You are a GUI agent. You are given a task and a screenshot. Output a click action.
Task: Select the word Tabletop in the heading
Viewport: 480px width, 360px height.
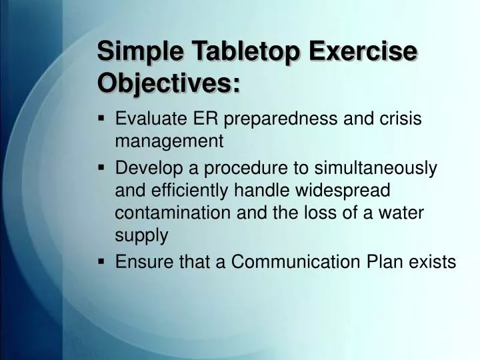tap(236, 52)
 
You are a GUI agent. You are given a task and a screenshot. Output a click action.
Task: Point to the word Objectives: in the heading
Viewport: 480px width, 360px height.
tap(169, 84)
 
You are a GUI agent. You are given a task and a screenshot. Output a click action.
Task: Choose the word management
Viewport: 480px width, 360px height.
tap(169, 141)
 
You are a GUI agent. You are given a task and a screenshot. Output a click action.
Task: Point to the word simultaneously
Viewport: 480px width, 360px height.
tap(375, 168)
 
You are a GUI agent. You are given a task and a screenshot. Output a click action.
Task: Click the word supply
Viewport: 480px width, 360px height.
tap(141, 235)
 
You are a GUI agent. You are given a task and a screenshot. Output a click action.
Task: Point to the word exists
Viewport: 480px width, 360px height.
tap(432, 263)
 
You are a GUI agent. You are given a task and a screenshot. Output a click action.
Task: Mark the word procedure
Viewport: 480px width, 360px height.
tap(243, 168)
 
